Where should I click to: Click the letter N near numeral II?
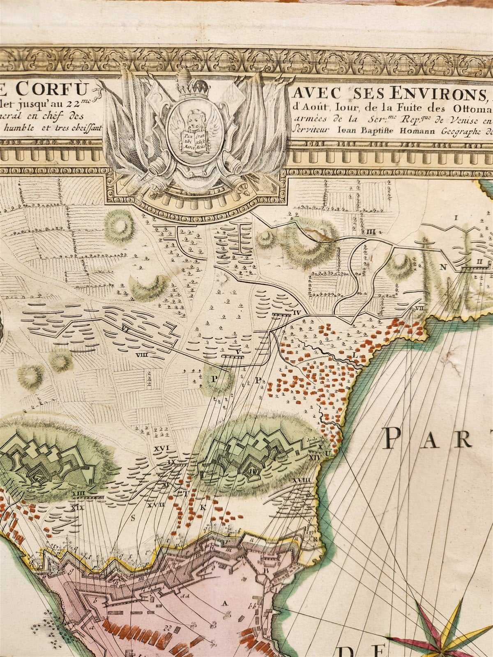[442, 267]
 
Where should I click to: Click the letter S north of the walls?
[133, 518]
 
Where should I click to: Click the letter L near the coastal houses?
[354, 354]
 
